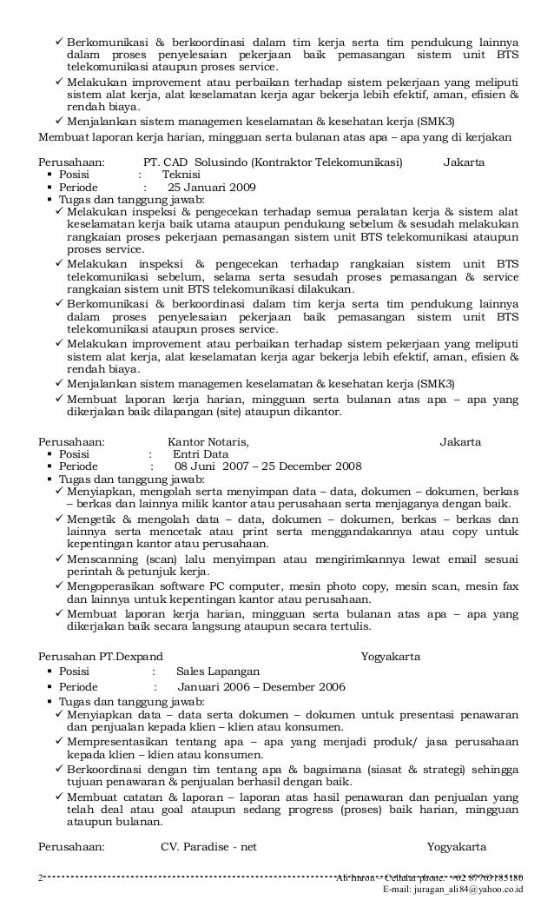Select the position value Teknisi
(x=181, y=175)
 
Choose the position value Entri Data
(x=201, y=453)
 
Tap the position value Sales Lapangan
(x=217, y=671)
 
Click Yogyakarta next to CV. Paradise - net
(x=456, y=846)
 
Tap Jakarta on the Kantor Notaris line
(x=460, y=441)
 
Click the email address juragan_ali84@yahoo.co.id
(x=458, y=890)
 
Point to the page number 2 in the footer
(x=42, y=878)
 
